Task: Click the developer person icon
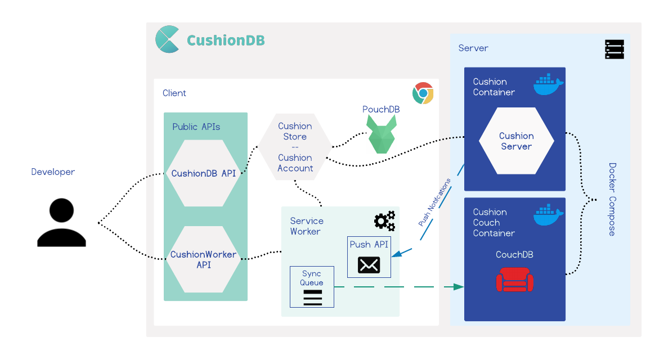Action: tap(61, 223)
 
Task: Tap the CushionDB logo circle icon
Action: tap(167, 39)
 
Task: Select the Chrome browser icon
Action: tap(423, 93)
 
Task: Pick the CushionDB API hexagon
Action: tap(203, 173)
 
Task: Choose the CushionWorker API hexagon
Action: tap(203, 259)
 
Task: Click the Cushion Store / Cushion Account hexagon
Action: tap(295, 147)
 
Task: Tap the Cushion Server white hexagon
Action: tap(516, 141)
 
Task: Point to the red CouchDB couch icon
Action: tap(514, 280)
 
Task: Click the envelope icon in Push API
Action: tap(369, 265)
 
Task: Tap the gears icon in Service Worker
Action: tap(385, 220)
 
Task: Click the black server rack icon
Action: tap(614, 49)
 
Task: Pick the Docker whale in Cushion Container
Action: tap(548, 85)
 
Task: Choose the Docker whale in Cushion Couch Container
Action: tap(548, 215)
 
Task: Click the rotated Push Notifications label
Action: tap(434, 202)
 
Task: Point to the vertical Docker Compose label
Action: tap(612, 200)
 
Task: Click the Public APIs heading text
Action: tap(196, 127)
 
